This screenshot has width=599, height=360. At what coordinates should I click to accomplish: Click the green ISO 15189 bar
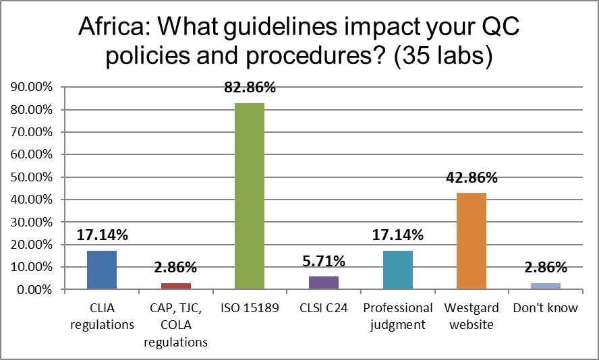click(249, 196)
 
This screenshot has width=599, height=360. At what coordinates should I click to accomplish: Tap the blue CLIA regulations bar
click(102, 270)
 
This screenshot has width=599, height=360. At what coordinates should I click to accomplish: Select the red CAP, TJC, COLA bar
click(175, 287)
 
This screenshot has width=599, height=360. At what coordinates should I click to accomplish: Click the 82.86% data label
click(249, 88)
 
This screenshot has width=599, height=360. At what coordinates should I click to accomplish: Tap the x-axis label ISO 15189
click(249, 309)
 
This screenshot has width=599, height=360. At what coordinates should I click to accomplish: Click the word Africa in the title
click(113, 28)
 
